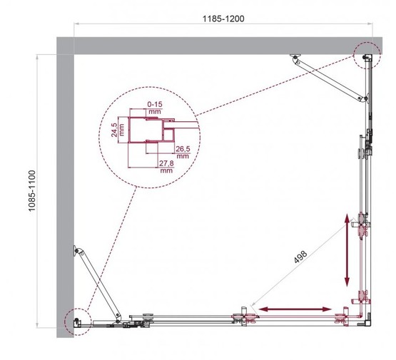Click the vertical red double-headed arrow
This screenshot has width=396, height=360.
pyautogui.click(x=347, y=249)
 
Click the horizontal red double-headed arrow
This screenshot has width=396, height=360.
pyautogui.click(x=295, y=309)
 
